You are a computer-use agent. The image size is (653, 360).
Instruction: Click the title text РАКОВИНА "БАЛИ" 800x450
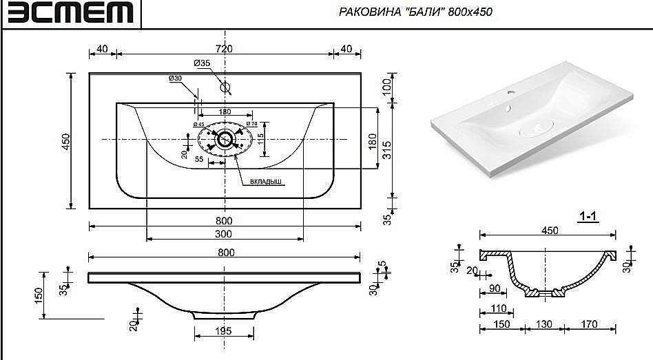pyautogui.click(x=416, y=12)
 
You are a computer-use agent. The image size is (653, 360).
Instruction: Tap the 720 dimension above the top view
pyautogui.click(x=225, y=48)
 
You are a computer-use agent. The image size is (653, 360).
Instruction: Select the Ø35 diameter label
pyautogui.click(x=202, y=63)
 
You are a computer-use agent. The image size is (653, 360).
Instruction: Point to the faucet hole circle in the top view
pyautogui.click(x=225, y=87)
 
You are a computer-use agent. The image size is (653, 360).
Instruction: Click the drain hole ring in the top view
pyautogui.click(x=225, y=139)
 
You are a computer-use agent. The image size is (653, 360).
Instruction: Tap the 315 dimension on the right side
pyautogui.click(x=387, y=149)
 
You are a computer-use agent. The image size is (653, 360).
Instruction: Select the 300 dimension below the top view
pyautogui.click(x=225, y=235)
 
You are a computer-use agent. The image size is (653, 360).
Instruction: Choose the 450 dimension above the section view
pyautogui.click(x=549, y=231)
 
